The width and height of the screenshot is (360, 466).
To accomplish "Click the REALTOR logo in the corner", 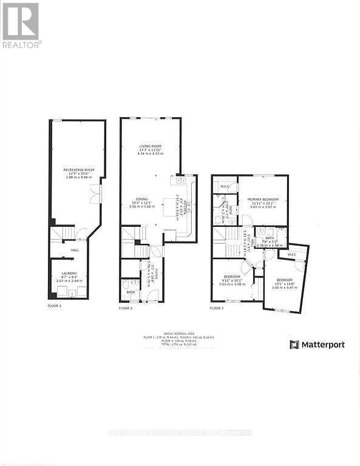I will (x=21, y=25).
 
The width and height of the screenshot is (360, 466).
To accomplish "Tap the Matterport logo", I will (x=317, y=345).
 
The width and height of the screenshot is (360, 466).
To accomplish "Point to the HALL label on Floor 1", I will (x=75, y=249).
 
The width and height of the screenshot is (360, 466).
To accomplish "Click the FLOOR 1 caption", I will (x=55, y=306).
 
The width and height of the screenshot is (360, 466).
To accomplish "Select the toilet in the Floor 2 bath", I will (x=126, y=285).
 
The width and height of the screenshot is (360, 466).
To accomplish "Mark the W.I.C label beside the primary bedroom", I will (x=224, y=186).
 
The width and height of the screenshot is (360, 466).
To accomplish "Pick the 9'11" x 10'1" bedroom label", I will (x=233, y=280).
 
